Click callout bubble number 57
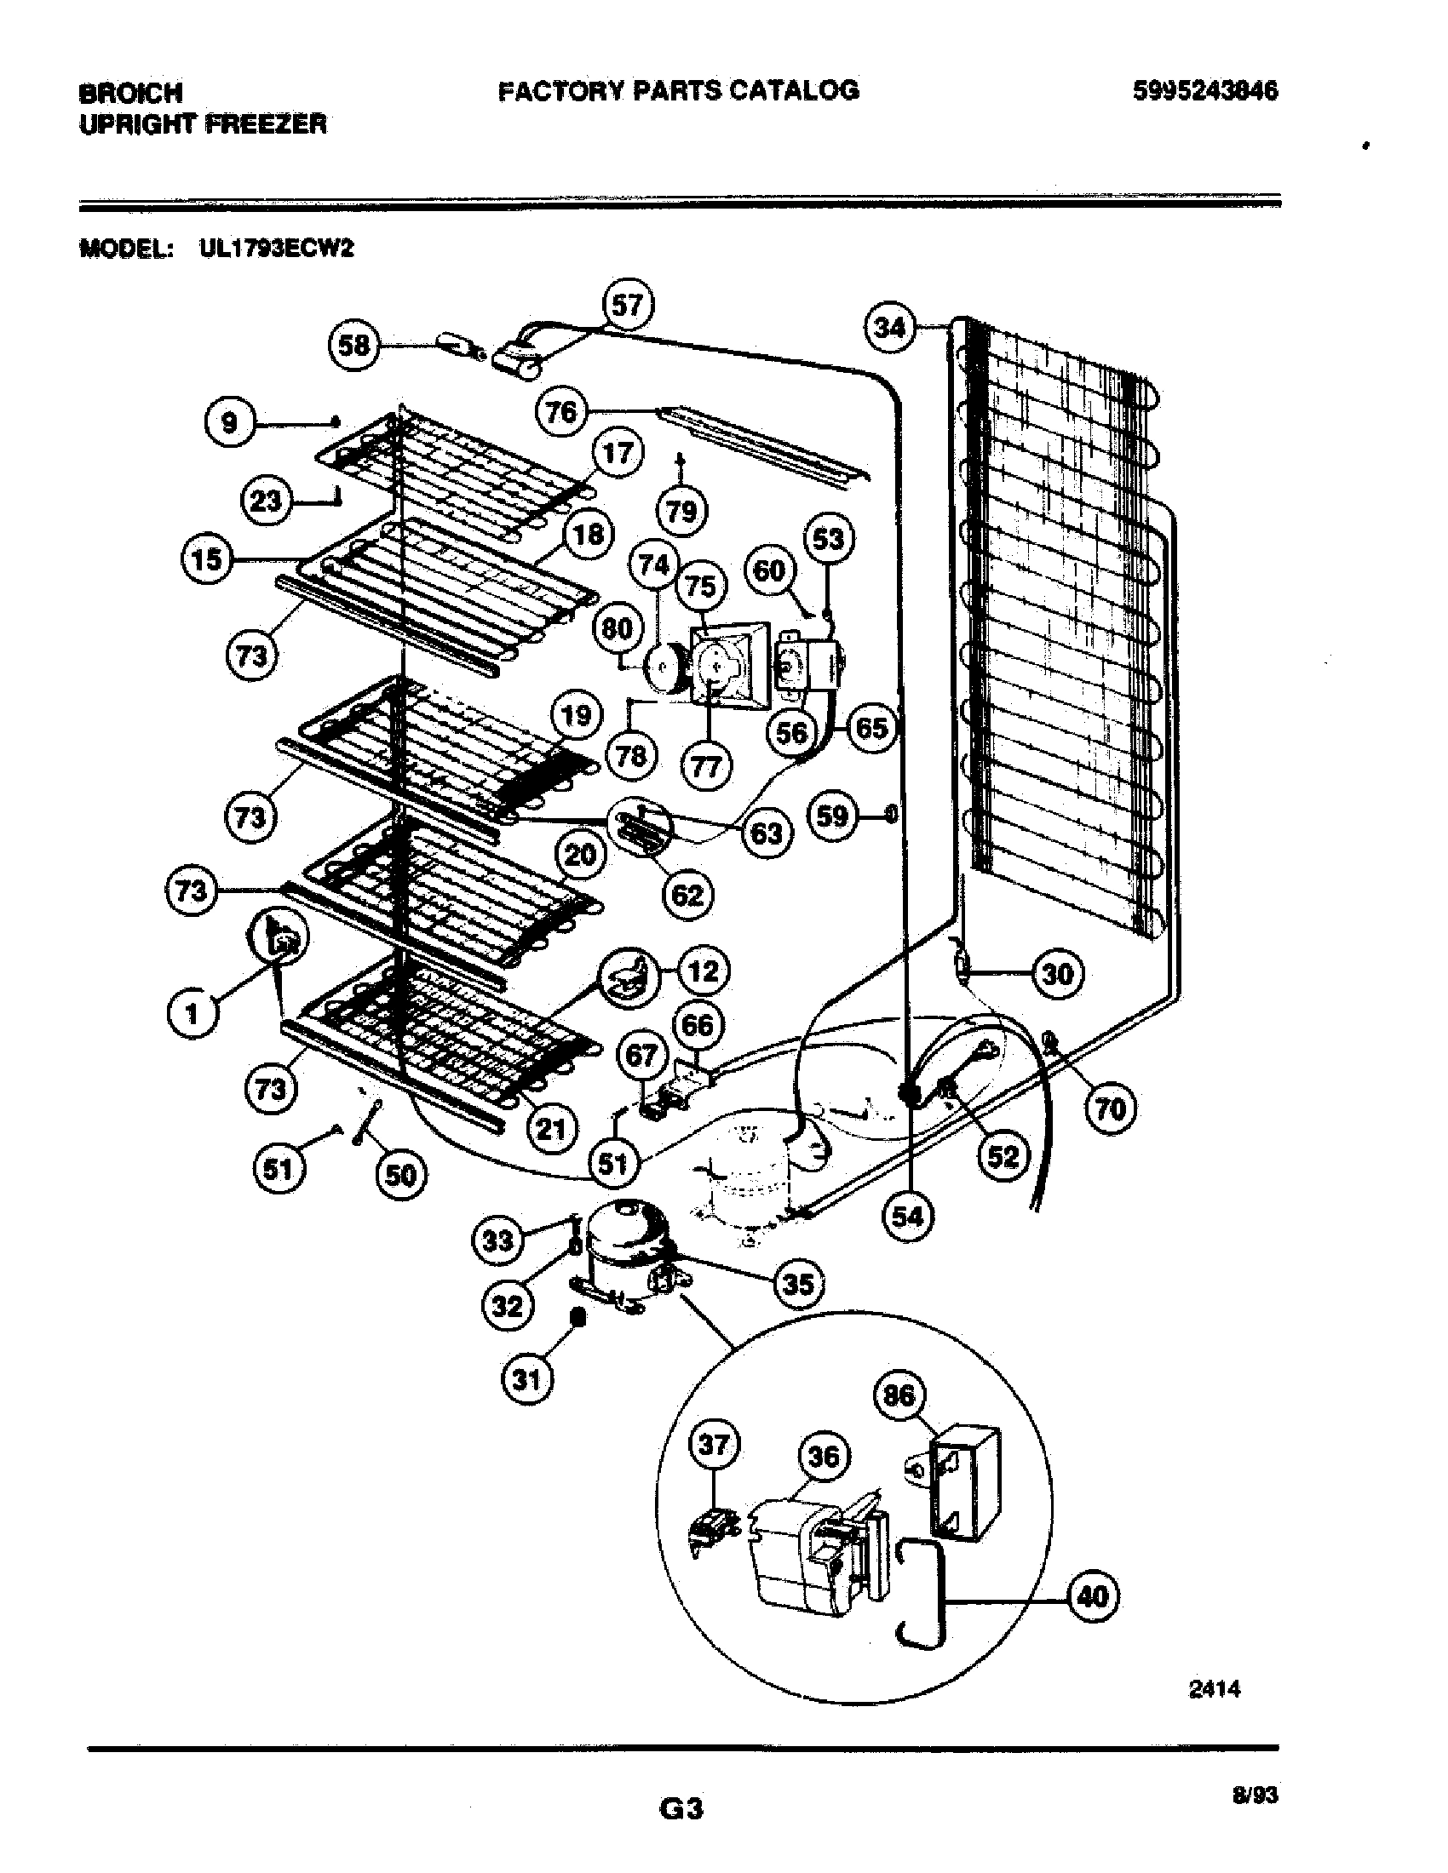[627, 305]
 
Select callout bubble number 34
[888, 327]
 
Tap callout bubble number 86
[899, 1395]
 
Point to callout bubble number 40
[1094, 1596]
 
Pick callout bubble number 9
[229, 422]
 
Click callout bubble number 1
[192, 1014]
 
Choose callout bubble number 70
[1111, 1108]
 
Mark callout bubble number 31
[526, 1379]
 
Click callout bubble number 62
[687, 896]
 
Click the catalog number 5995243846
[1205, 91]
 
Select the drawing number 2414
[1215, 1687]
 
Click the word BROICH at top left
[130, 93]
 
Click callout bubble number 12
[704, 971]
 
